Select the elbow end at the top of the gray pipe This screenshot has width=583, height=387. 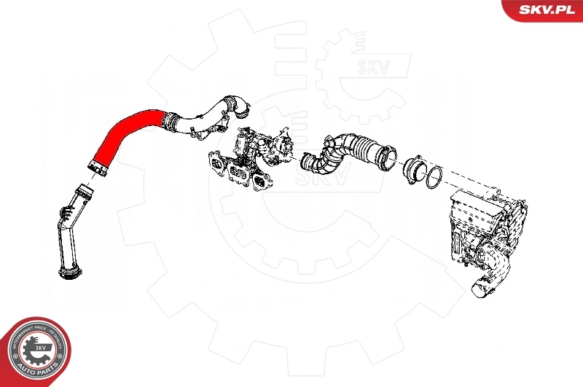pyautogui.click(x=237, y=106)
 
